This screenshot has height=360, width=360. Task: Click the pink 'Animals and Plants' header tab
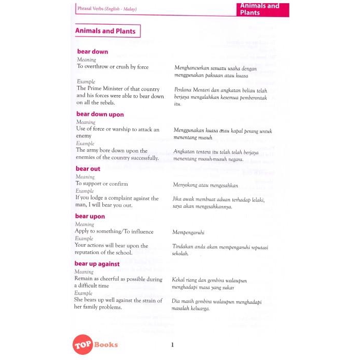click(x=263, y=9)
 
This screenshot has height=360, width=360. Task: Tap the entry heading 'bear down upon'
click(x=100, y=114)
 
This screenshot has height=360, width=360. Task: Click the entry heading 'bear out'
click(x=88, y=169)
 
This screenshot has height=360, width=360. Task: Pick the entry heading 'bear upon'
click(x=90, y=217)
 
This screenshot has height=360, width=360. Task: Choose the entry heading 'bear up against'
click(x=97, y=264)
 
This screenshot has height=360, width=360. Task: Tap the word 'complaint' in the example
click(x=128, y=197)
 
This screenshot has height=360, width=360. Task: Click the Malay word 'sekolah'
click(x=181, y=254)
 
